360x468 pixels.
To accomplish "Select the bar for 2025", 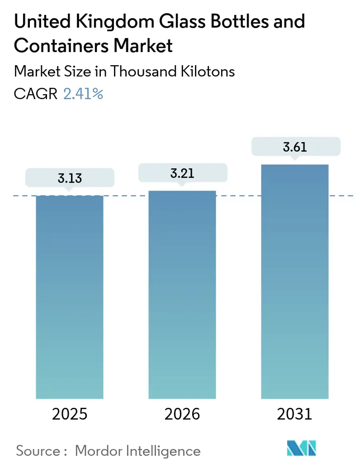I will [70, 297].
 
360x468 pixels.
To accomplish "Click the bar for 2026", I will [182, 294].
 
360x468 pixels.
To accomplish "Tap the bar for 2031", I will [295, 281].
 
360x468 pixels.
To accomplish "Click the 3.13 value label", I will [70, 178].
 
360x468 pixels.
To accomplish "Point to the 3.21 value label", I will [182, 173].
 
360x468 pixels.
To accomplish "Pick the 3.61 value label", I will [295, 147].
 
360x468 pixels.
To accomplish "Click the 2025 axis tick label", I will [70, 414].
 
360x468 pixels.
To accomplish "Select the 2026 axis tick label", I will [182, 414].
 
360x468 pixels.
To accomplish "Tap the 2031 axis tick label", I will [295, 414].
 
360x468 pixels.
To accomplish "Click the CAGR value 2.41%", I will [83, 94].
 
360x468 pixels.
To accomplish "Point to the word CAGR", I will [36, 94].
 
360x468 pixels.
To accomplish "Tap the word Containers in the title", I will [63, 46].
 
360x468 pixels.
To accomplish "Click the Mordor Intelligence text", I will [137, 450].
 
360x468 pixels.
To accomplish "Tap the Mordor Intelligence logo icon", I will [302, 449].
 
